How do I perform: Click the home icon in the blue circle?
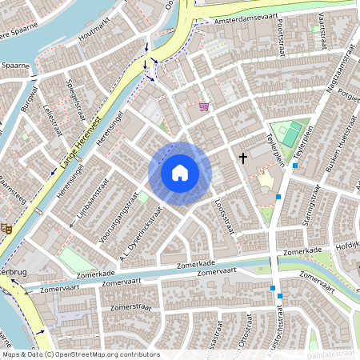(x=180, y=172)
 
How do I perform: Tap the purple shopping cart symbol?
(x=205, y=106)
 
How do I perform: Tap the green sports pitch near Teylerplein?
(x=293, y=131)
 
